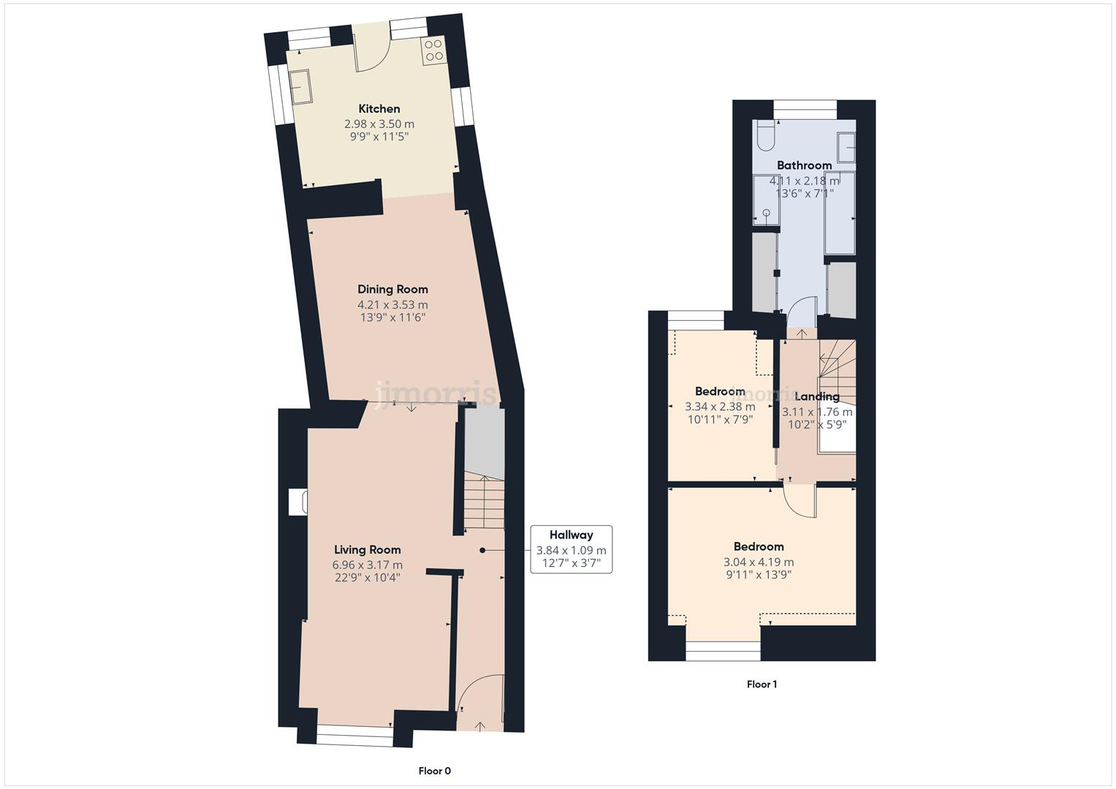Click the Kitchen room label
(379, 109)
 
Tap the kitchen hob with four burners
(433, 50)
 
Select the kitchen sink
(301, 86)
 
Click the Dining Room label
(392, 289)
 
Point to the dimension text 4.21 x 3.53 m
(392, 305)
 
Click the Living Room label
(367, 550)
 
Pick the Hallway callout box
(571, 549)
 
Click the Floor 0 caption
(435, 771)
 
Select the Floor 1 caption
(762, 685)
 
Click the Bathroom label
(804, 166)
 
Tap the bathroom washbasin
(846, 146)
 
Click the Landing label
(816, 397)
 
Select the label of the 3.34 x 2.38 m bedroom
(720, 392)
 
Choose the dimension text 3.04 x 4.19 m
(759, 562)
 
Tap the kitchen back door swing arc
(373, 55)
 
